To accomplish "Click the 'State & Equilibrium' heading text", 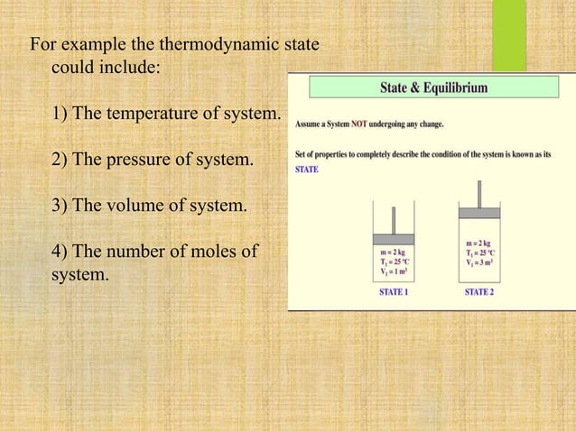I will click(427, 88).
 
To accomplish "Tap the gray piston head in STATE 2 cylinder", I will click(479, 214).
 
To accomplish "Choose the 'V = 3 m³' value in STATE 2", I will click(479, 262).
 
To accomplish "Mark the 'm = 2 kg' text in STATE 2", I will click(479, 243).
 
